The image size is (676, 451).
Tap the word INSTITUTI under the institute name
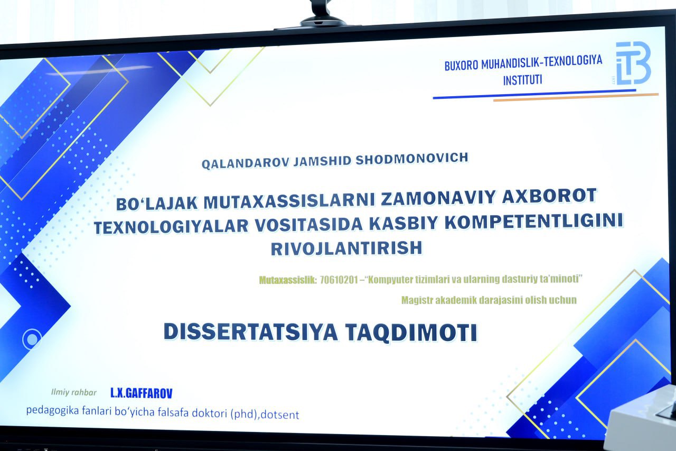(522, 80)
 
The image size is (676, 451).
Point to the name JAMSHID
(322, 160)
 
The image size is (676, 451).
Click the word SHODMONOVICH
(412, 158)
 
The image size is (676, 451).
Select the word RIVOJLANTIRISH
(346, 248)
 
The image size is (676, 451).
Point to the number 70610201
(338, 280)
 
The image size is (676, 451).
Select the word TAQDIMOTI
(411, 333)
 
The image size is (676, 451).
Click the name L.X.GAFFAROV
(142, 393)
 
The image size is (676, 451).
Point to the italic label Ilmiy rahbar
(74, 392)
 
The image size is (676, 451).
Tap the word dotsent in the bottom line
(280, 415)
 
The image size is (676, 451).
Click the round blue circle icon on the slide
(32, 339)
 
